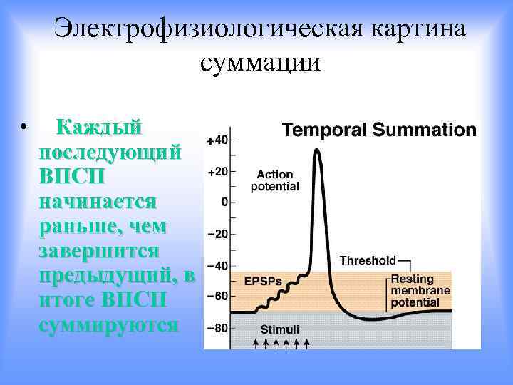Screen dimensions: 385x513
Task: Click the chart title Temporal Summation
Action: [379, 130]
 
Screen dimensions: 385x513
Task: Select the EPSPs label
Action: [262, 280]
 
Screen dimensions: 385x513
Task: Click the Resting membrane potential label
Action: [420, 290]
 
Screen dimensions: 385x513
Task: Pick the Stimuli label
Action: [279, 329]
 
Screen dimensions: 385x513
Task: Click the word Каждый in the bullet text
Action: [99, 128]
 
